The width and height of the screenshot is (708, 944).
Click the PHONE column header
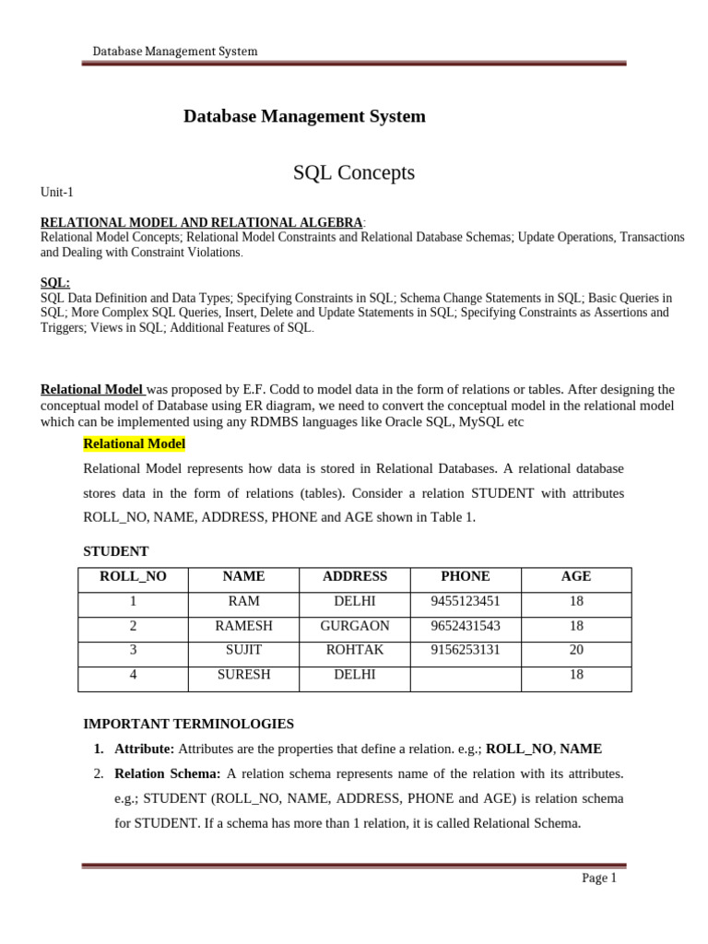466,576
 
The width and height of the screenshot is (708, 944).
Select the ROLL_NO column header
134,576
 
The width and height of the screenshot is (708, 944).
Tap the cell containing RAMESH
243,626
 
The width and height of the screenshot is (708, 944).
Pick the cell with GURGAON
355,626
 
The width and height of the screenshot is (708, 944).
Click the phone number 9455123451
466,601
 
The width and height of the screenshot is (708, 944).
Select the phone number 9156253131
466,650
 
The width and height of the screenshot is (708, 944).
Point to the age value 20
576,650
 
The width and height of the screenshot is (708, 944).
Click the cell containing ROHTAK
355,650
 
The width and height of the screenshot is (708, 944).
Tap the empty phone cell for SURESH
466,675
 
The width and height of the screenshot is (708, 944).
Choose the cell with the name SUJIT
243,650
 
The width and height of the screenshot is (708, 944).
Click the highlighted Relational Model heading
135,444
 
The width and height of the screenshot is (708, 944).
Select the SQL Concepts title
354,172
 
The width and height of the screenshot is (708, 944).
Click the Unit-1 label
56,193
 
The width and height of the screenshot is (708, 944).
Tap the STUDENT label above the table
116,551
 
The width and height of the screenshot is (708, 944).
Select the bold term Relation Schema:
168,773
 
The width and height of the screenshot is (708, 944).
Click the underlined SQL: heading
55,283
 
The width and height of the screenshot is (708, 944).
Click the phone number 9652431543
466,626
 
